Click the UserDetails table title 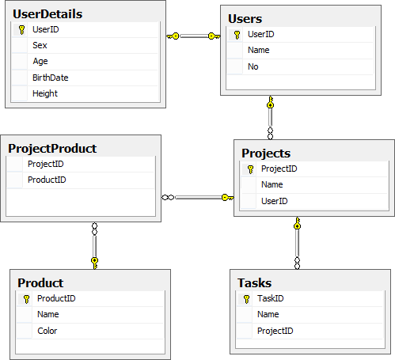pos(47,14)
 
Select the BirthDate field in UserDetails pos(51,78)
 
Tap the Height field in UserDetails pos(45,93)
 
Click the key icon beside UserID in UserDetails pos(22,30)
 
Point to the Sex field pos(40,45)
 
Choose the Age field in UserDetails pos(40,61)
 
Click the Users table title pos(245,19)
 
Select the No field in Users pos(253,66)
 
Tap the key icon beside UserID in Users pos(237,35)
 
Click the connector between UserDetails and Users pos(193,36)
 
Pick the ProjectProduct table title pos(52,149)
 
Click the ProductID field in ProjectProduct pos(47,180)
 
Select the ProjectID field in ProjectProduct pos(46,164)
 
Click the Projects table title pos(266,153)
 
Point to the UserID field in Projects pos(275,201)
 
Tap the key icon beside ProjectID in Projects pos(251,169)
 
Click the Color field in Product pos(47,331)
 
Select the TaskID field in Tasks pos(271,298)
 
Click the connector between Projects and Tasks pos(297,243)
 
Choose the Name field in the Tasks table pos(268,314)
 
